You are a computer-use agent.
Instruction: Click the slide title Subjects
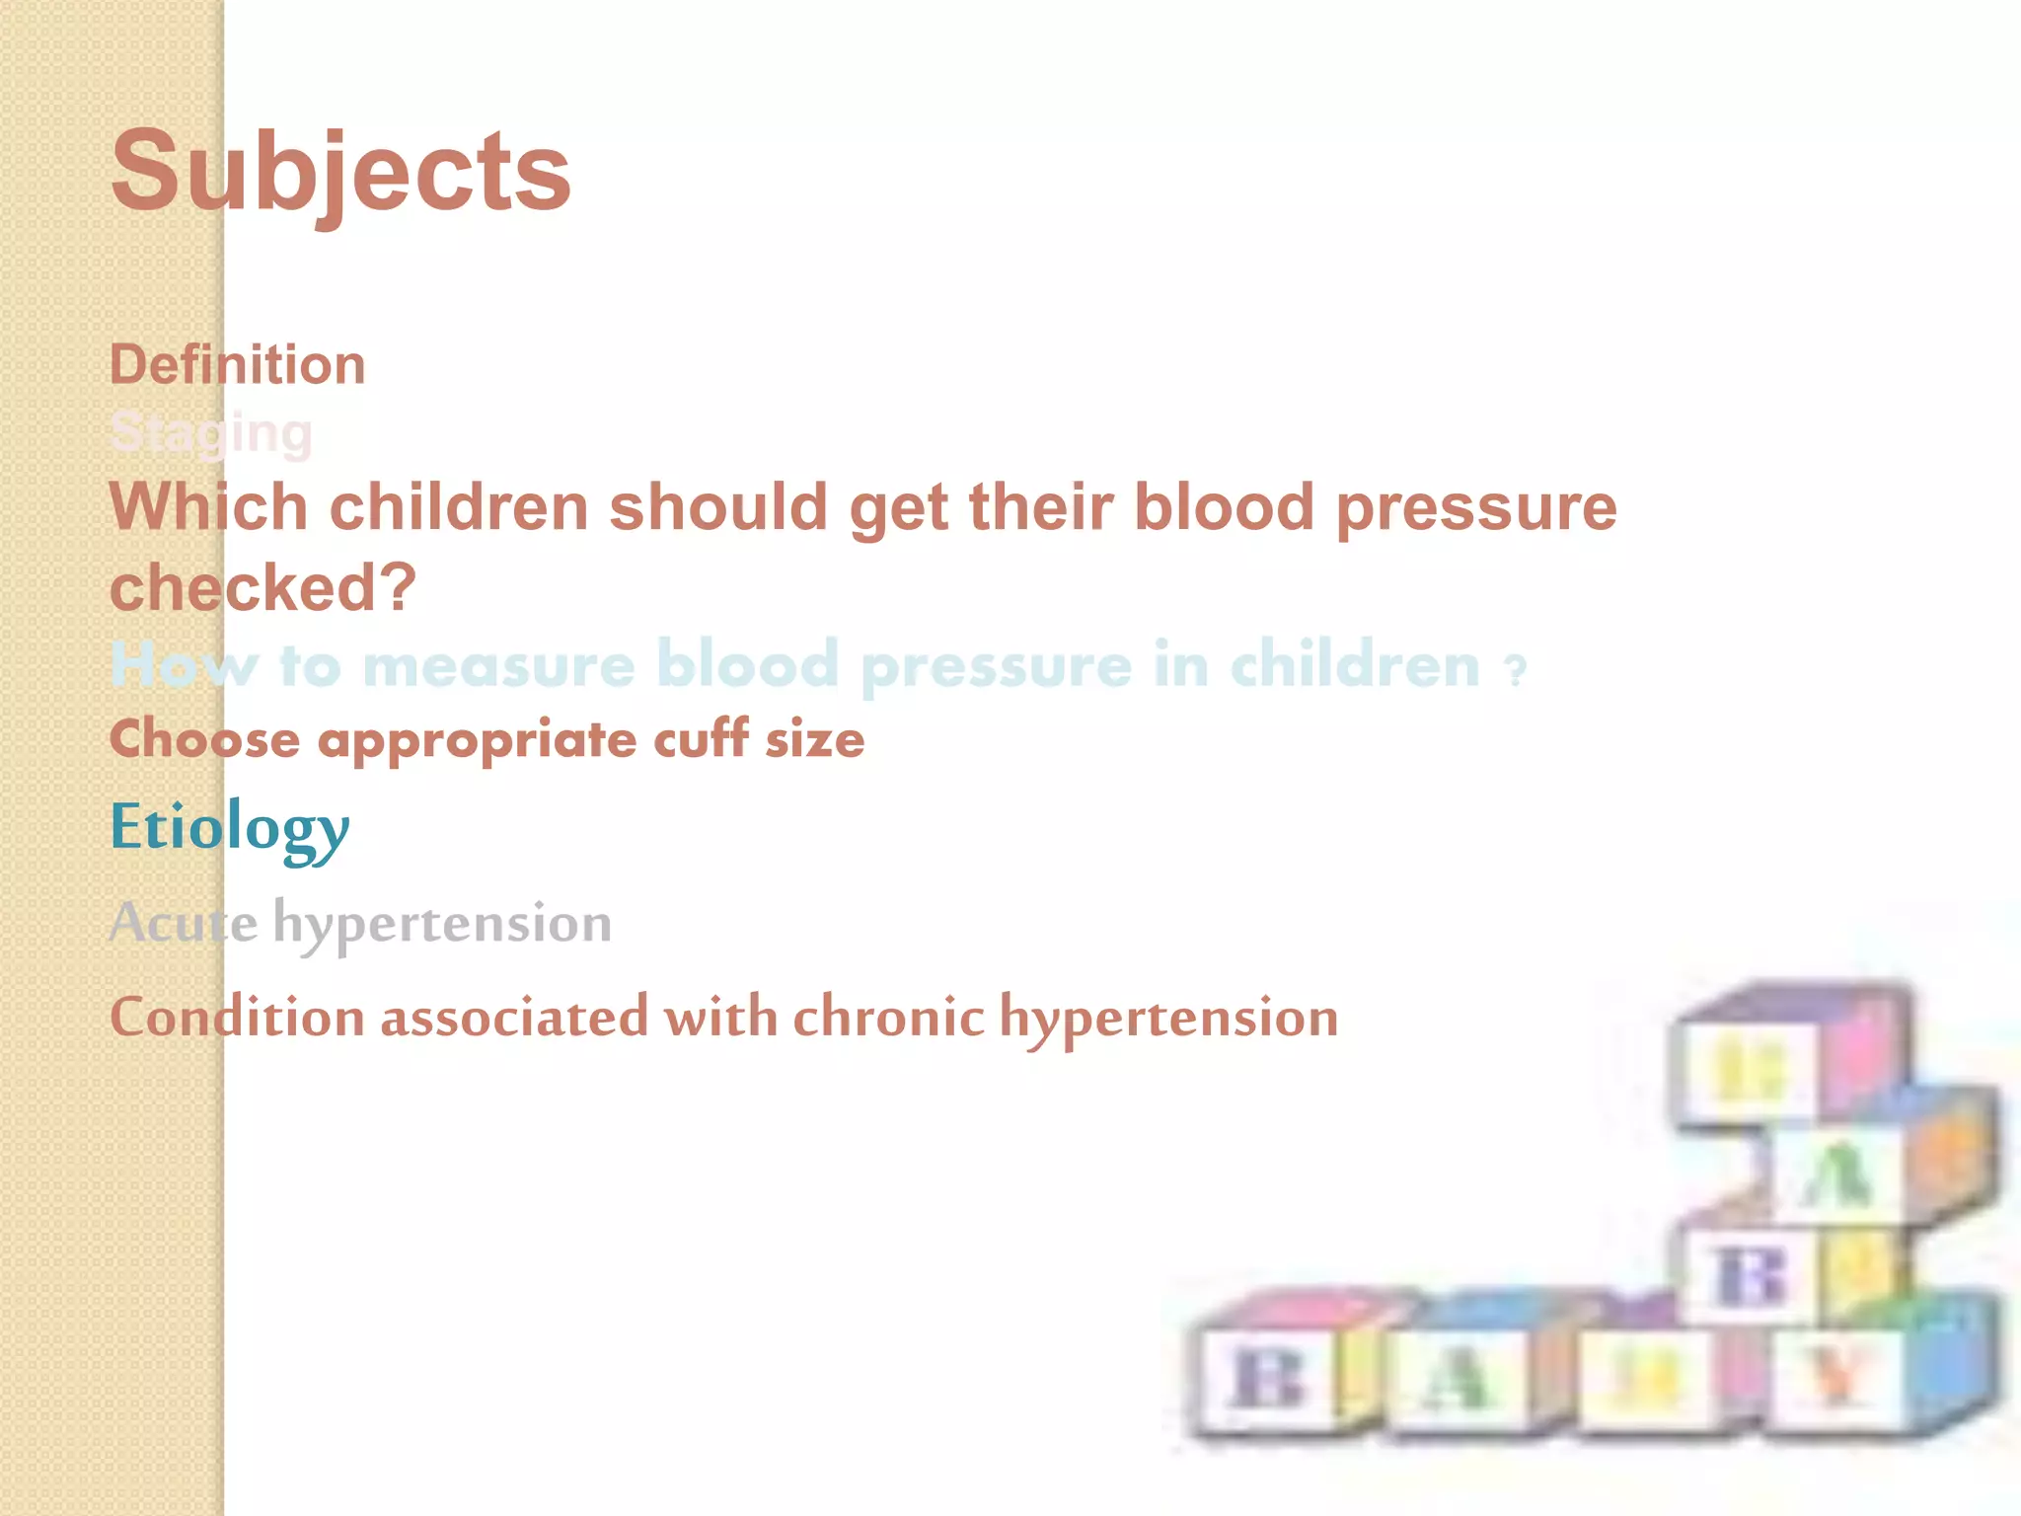coord(340,174)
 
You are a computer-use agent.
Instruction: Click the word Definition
coord(237,365)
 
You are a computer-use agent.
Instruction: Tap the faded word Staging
coord(211,432)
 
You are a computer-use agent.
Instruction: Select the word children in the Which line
coord(458,507)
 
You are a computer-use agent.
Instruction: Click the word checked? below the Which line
coord(262,588)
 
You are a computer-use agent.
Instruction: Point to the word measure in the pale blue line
coord(498,665)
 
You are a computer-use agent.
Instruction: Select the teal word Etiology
coord(229,827)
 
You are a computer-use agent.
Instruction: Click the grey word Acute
coord(184,923)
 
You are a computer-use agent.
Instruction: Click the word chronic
coord(888,1017)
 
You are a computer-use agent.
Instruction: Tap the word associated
coord(514,1017)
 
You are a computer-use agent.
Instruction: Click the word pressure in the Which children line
coord(1476,507)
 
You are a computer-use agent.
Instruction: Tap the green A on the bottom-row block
coord(1453,1378)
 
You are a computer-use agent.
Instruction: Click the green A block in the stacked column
coord(1835,1175)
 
